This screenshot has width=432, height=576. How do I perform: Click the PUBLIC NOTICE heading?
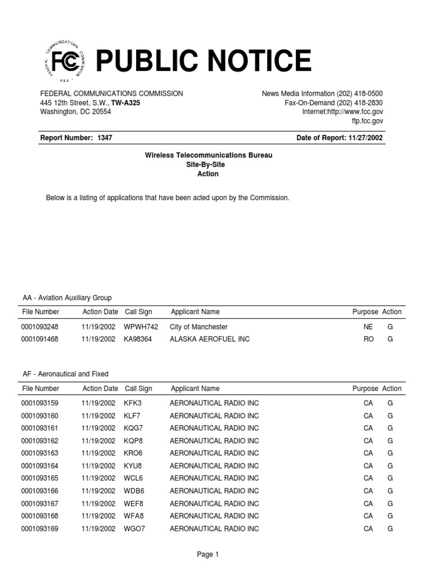(203, 61)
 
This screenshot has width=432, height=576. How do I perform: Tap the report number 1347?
(105, 138)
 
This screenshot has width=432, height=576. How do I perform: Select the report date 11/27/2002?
(366, 138)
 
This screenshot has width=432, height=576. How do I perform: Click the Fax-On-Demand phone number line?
(334, 102)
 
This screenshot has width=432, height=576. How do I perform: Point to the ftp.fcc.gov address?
(367, 121)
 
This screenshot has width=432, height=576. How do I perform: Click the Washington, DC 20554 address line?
(75, 111)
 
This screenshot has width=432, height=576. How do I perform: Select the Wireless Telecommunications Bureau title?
(208, 155)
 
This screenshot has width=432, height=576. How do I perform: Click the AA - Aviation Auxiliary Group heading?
(67, 298)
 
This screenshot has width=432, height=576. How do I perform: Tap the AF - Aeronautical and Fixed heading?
(65, 373)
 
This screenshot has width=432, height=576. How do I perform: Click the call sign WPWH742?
(141, 327)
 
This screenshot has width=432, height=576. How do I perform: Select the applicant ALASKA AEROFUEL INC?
(209, 339)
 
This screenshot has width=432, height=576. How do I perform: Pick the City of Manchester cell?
(199, 327)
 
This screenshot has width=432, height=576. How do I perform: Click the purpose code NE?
(368, 327)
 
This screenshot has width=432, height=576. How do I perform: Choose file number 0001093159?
(40, 403)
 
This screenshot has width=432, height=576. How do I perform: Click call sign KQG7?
(134, 428)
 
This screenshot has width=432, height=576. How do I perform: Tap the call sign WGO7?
(134, 529)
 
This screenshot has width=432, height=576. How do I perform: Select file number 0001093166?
(40, 491)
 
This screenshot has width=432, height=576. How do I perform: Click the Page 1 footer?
(208, 555)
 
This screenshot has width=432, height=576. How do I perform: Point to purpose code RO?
(368, 339)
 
